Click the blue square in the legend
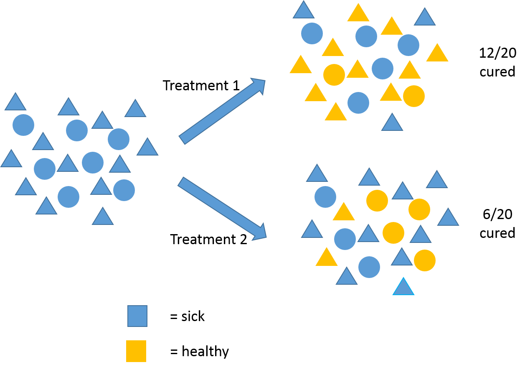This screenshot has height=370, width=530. pos(137,316)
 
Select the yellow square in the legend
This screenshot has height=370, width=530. pos(136,351)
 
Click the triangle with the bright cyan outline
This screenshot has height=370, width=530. pos(403,288)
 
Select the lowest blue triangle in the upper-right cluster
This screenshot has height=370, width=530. pos(392,123)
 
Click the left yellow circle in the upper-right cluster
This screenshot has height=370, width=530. pos(334,75)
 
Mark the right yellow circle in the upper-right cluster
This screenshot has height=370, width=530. pos(414,96)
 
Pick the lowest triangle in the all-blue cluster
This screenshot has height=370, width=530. pos(103,217)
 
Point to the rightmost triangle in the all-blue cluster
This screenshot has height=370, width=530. pos(147,148)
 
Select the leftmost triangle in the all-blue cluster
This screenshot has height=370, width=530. pos(11,160)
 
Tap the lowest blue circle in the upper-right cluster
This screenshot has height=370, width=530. pos(358,102)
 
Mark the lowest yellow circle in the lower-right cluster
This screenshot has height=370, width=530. pos(425,260)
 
